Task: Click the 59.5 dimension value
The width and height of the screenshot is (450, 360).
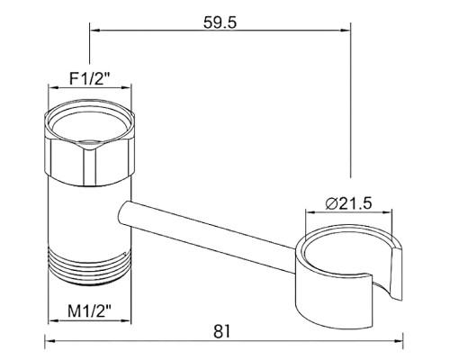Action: click(220, 22)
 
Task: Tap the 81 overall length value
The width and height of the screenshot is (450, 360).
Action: click(222, 331)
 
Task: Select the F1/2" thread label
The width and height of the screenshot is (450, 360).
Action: click(90, 79)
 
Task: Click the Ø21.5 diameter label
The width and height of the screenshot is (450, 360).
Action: click(348, 203)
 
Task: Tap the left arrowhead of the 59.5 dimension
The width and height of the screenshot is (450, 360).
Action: click(94, 30)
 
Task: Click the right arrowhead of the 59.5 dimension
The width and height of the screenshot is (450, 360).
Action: click(346, 30)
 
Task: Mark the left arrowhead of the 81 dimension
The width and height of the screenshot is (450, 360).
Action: click(49, 341)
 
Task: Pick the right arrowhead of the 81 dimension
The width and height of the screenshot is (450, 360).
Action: click(399, 341)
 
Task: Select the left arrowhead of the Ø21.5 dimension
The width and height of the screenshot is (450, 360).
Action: click(310, 212)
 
